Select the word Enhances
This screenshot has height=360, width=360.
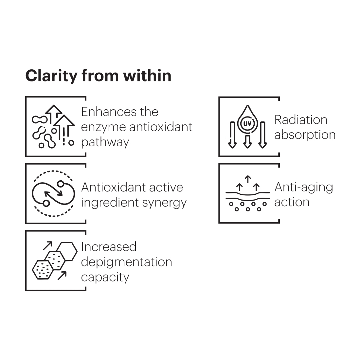(x=103, y=112)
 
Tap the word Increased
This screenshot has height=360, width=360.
(x=109, y=247)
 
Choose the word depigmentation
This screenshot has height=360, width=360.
(x=126, y=262)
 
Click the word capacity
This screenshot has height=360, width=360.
(x=105, y=277)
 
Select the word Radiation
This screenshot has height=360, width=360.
(x=301, y=120)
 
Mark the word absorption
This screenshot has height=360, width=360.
(x=305, y=135)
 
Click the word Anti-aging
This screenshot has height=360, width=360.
(x=304, y=187)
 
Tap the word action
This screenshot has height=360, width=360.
(x=292, y=202)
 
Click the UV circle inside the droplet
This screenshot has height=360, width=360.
(x=247, y=124)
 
